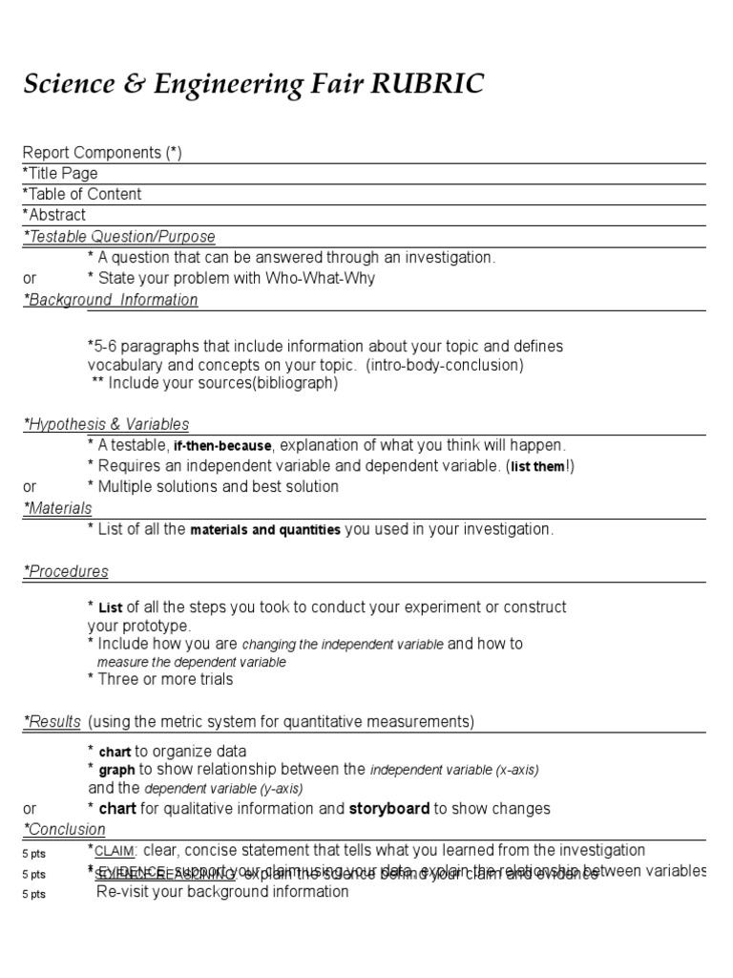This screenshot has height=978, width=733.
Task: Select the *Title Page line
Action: [60, 173]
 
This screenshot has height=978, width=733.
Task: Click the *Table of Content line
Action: [82, 194]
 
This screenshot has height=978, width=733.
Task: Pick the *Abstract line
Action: [54, 215]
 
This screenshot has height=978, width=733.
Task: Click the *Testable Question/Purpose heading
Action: [119, 236]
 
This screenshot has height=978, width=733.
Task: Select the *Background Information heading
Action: [111, 300]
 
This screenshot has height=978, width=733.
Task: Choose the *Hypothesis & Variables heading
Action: [106, 424]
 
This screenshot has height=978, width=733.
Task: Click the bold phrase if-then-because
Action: [222, 446]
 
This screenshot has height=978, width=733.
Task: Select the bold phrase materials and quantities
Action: [265, 530]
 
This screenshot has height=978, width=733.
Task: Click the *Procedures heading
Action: [66, 571]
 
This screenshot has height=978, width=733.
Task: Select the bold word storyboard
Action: [388, 808]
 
